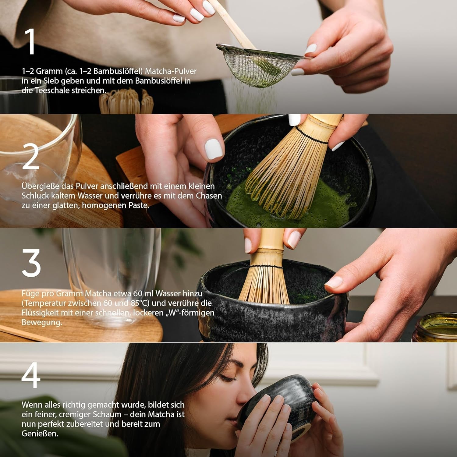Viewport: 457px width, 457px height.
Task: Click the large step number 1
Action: click(x=31, y=42)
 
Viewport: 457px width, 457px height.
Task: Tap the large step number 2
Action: click(x=31, y=157)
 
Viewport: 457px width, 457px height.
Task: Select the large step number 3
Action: click(x=31, y=263)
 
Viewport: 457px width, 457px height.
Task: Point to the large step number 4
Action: click(x=31, y=375)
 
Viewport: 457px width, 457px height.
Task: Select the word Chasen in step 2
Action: click(x=209, y=196)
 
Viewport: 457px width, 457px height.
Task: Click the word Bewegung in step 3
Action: click(x=41, y=322)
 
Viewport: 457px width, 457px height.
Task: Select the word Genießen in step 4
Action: click(x=40, y=434)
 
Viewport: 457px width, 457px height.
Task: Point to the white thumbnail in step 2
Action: click(x=214, y=149)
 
